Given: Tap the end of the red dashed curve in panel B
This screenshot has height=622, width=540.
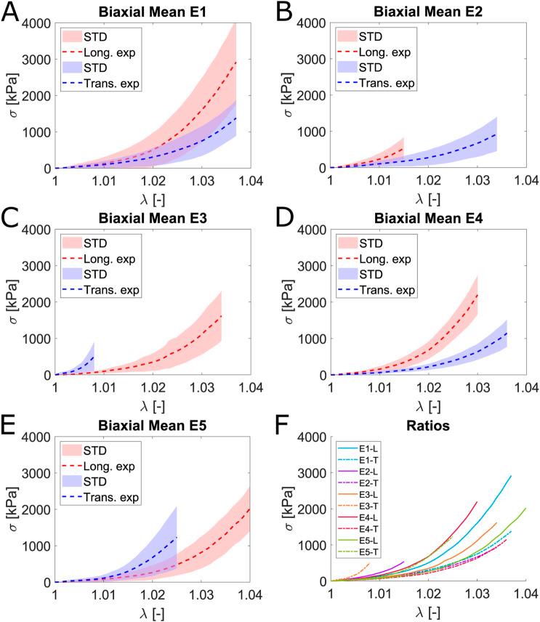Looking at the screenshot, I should [403, 149].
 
